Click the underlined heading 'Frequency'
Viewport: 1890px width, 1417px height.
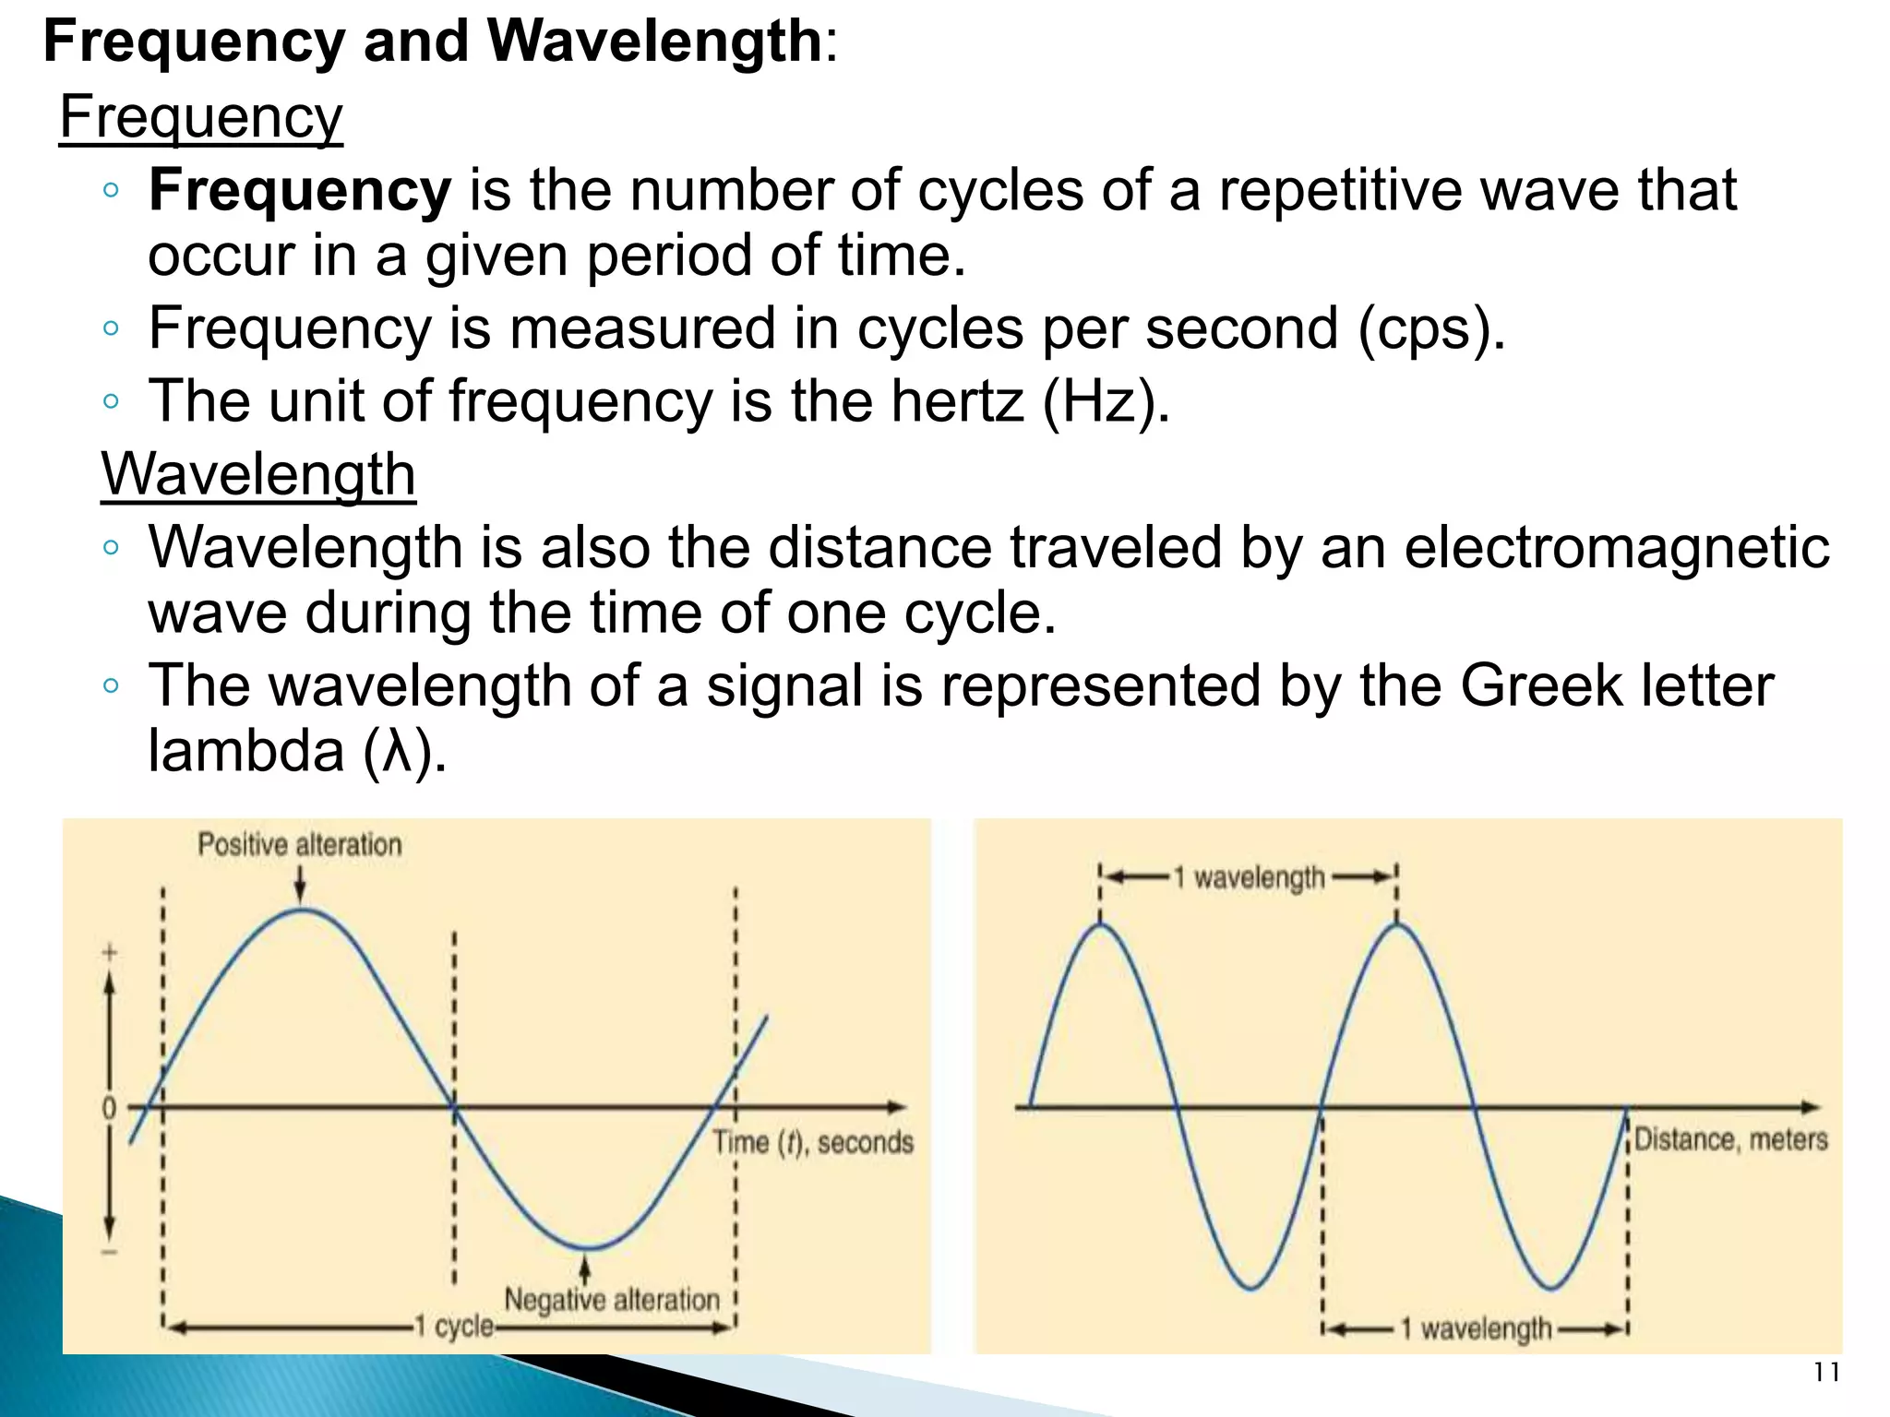[x=201, y=118]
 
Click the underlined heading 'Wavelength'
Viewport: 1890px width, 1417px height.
[x=258, y=475]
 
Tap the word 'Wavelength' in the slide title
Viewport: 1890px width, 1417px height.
[x=653, y=42]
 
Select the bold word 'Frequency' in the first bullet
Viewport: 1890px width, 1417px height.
[x=300, y=191]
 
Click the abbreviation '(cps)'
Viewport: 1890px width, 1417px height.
[x=1431, y=329]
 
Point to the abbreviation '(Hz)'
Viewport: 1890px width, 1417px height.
[x=1106, y=402]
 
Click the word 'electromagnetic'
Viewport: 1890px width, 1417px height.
[x=1617, y=548]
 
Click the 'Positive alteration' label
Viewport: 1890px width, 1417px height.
[x=300, y=844]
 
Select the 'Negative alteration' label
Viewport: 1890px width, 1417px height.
[x=611, y=1300]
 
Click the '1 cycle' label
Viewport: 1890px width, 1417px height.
[x=454, y=1327]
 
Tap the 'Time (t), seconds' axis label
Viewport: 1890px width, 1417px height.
[x=812, y=1142]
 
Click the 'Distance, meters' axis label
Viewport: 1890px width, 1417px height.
[x=1730, y=1139]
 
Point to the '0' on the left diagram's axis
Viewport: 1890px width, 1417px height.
[x=109, y=1108]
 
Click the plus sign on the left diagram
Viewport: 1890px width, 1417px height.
[x=109, y=952]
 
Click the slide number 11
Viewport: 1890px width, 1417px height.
[x=1825, y=1373]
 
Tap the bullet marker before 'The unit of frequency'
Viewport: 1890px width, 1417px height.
[x=111, y=401]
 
